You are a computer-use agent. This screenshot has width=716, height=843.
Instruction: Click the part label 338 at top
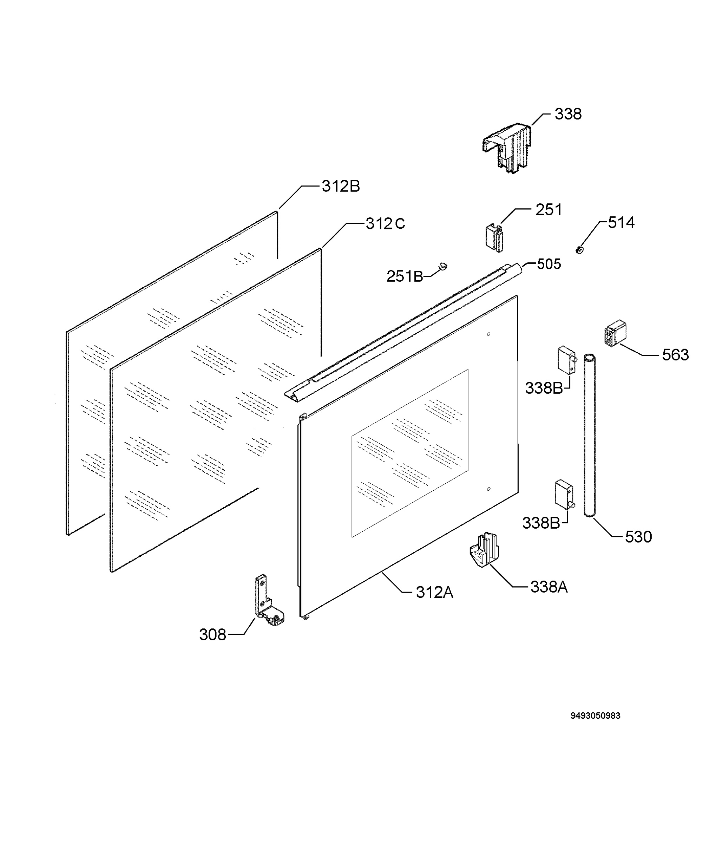pyautogui.click(x=568, y=114)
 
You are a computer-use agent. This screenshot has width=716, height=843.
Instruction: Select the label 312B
pyautogui.click(x=341, y=187)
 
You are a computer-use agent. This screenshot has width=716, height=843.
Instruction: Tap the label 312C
pyautogui.click(x=385, y=224)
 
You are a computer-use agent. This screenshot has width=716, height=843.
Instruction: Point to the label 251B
pyautogui.click(x=405, y=276)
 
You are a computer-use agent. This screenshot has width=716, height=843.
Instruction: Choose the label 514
pyautogui.click(x=621, y=223)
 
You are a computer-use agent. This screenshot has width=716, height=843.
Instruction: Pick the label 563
pyautogui.click(x=675, y=355)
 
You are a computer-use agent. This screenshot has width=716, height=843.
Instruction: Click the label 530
pyautogui.click(x=638, y=537)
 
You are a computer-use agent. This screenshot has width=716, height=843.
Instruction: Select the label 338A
pyautogui.click(x=549, y=587)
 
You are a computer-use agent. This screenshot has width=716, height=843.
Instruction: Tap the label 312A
pyautogui.click(x=434, y=593)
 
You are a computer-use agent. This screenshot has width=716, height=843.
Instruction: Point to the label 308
pyautogui.click(x=212, y=635)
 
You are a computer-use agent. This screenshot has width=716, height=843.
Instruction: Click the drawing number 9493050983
pyautogui.click(x=596, y=716)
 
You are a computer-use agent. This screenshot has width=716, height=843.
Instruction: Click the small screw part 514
pyautogui.click(x=580, y=250)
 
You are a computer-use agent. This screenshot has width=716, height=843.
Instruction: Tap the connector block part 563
pyautogui.click(x=615, y=333)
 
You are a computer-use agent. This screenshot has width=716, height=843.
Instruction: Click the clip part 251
pyautogui.click(x=495, y=238)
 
